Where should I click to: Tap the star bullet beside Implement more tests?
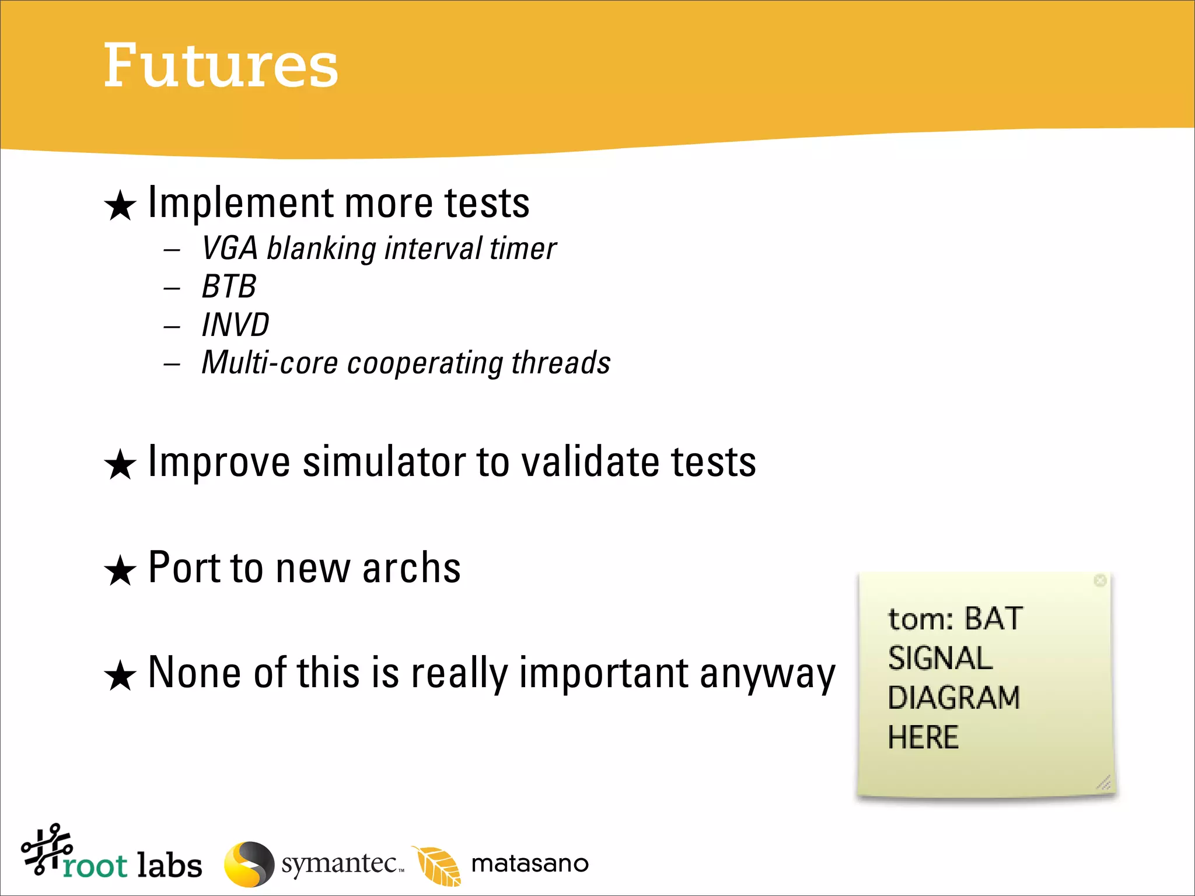pyautogui.click(x=120, y=206)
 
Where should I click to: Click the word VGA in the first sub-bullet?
pyautogui.click(x=229, y=248)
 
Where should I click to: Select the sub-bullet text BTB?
pyautogui.click(x=229, y=286)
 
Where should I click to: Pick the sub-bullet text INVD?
pyautogui.click(x=235, y=325)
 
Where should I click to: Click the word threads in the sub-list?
pyautogui.click(x=561, y=363)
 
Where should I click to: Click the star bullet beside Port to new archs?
pyautogui.click(x=120, y=570)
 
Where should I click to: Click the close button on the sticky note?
pyautogui.click(x=1100, y=580)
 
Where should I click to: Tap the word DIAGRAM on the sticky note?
pyautogui.click(x=953, y=698)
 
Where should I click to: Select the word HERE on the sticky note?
pyautogui.click(x=923, y=737)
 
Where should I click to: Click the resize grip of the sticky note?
pyautogui.click(x=1104, y=782)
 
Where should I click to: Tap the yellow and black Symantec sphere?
pyautogui.click(x=249, y=864)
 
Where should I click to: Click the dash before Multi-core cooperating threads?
pyautogui.click(x=172, y=365)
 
